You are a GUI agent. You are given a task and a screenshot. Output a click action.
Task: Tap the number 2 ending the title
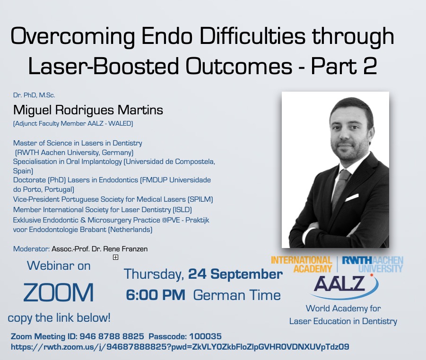tap(370, 66)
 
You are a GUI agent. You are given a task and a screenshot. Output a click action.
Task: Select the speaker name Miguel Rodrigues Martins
tap(88, 110)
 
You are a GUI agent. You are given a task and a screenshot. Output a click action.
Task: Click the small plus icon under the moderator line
tap(115, 257)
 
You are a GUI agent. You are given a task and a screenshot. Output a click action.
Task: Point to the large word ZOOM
tap(59, 292)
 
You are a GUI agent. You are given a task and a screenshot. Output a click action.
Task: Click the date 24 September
tap(235, 274)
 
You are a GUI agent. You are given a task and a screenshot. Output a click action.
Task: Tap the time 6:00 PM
tap(156, 295)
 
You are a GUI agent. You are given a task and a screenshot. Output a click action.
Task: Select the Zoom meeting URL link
tap(180, 347)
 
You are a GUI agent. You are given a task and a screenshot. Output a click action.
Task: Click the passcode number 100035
tap(205, 336)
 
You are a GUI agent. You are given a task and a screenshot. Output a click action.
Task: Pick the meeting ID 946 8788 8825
tap(112, 336)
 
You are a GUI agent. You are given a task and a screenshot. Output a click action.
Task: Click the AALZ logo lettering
tap(339, 284)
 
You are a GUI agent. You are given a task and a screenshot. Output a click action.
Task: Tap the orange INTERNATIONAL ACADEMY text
tap(302, 265)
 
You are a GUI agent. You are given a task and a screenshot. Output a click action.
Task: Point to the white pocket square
tap(353, 197)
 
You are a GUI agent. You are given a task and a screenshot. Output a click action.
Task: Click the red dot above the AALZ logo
tap(372, 275)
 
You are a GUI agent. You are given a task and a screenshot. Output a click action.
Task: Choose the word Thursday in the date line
tap(154, 274)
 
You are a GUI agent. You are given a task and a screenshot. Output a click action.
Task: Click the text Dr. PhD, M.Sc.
tap(34, 95)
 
